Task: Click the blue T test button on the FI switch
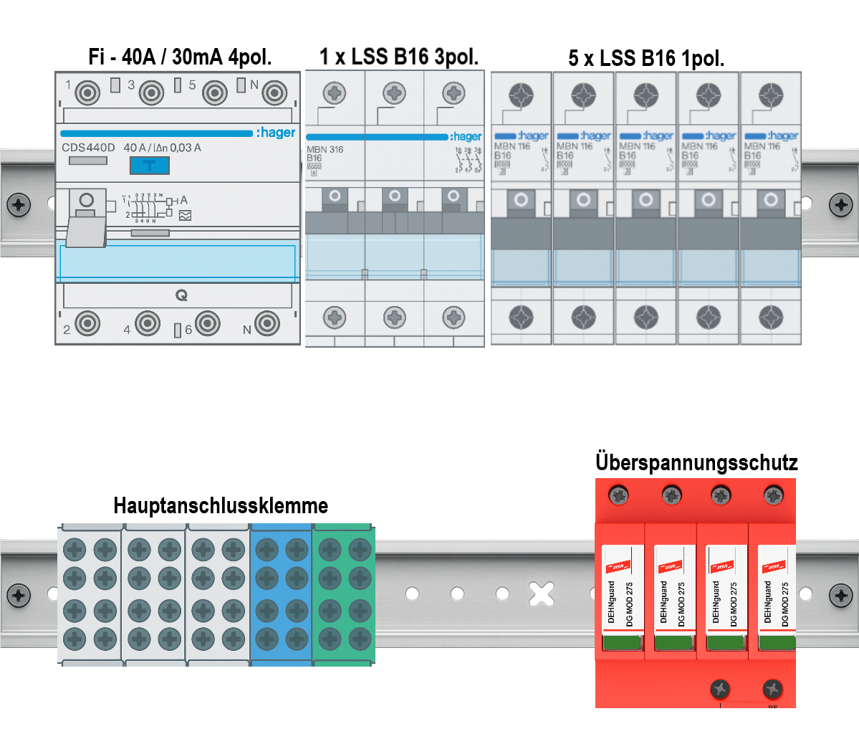(149, 166)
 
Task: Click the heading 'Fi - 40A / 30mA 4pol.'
(180, 57)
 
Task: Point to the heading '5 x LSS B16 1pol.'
(646, 58)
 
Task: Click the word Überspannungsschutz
(696, 462)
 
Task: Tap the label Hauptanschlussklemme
(221, 505)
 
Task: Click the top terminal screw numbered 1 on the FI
(87, 92)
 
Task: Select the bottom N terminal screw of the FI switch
(267, 324)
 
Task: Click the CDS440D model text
(88, 148)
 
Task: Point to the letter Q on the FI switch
(181, 295)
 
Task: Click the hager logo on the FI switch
(276, 133)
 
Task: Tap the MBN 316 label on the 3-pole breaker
(325, 150)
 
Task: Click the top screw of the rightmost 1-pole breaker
(771, 94)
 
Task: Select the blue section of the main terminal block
(281, 594)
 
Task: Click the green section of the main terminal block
(344, 594)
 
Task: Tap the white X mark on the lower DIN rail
(542, 594)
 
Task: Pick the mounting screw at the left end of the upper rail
(19, 204)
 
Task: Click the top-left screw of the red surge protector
(618, 495)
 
